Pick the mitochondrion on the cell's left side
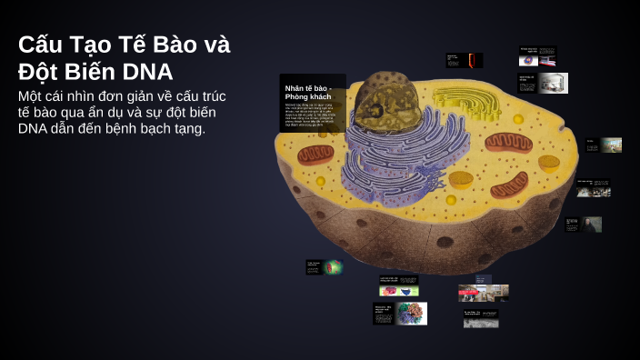coord(315,155)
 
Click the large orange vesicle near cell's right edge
coord(548,164)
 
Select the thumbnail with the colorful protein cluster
coord(411,314)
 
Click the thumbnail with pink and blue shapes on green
coord(399,290)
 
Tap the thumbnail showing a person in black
coord(592,224)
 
